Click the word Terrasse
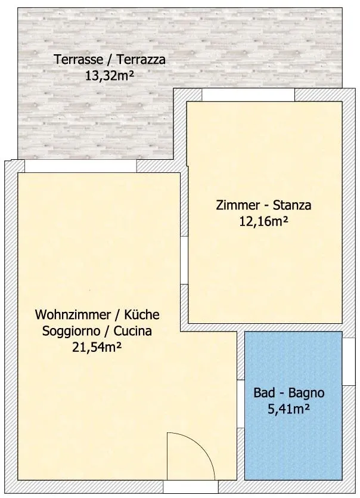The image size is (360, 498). [79, 60]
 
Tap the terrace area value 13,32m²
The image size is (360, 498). [109, 76]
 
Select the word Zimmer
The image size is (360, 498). [237, 205]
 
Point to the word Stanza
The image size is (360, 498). [292, 205]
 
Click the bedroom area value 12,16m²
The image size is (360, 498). [263, 221]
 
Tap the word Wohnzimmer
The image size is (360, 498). [73, 314]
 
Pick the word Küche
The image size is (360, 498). [142, 314]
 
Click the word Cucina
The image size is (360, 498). [133, 331]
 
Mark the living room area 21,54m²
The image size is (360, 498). [97, 347]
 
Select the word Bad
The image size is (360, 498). [264, 393]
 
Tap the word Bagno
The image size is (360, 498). [306, 394]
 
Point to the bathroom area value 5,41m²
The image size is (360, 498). [289, 409]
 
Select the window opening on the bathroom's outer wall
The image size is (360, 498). [349, 361]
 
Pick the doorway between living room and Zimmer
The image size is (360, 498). [184, 261]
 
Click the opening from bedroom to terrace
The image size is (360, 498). [249, 95]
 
